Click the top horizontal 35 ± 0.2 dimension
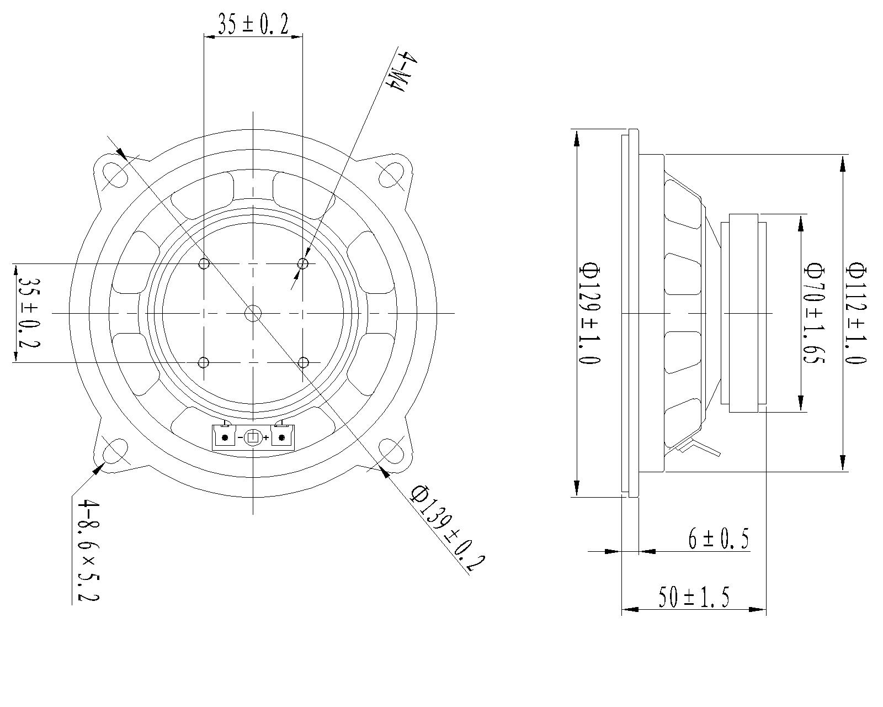253,25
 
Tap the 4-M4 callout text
399,72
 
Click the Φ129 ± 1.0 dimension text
589,313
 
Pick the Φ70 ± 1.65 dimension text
814,313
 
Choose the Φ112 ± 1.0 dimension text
857,313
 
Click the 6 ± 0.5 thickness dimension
718,539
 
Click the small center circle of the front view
253,313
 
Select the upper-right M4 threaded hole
302,263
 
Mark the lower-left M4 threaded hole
204,363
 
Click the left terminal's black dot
225,438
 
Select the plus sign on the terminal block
266,438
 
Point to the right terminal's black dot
282,438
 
